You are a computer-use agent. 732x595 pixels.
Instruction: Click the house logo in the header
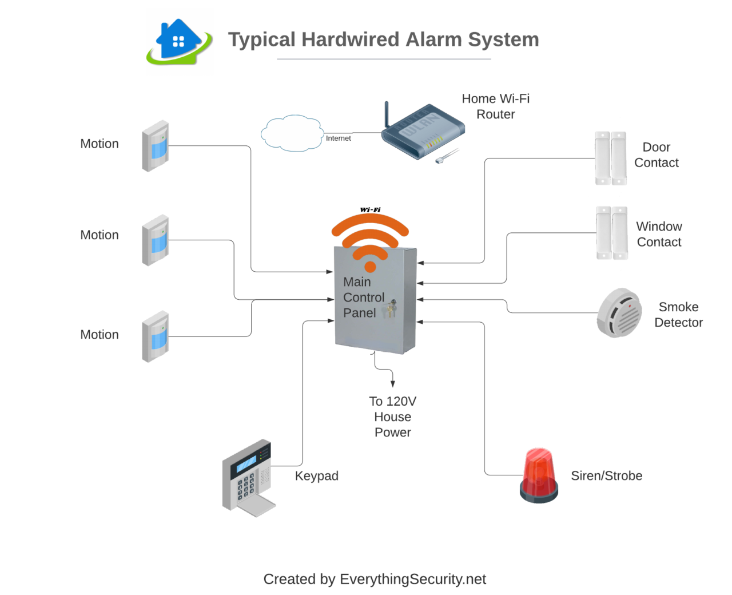180,41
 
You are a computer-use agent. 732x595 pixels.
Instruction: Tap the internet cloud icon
292,133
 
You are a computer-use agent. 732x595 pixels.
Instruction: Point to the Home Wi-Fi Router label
495,106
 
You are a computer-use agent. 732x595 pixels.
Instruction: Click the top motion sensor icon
155,146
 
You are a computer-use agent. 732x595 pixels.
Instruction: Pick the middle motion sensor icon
155,240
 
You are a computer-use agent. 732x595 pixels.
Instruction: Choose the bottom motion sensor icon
155,336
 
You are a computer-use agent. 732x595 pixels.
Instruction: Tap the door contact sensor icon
611,158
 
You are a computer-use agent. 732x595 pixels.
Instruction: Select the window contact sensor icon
611,233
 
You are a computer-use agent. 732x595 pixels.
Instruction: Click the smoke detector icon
619,313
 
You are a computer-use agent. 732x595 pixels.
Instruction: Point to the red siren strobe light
539,475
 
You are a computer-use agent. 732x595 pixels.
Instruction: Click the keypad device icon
248,478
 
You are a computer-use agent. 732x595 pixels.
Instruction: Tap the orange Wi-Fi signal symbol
370,240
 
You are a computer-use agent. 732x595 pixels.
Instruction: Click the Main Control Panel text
363,297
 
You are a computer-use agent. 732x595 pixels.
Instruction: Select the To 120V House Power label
392,416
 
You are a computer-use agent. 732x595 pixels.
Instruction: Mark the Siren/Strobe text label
606,476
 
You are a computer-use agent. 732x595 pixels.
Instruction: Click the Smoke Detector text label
678,315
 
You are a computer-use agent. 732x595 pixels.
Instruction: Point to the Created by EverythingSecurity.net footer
375,580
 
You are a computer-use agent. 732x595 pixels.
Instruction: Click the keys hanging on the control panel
391,309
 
